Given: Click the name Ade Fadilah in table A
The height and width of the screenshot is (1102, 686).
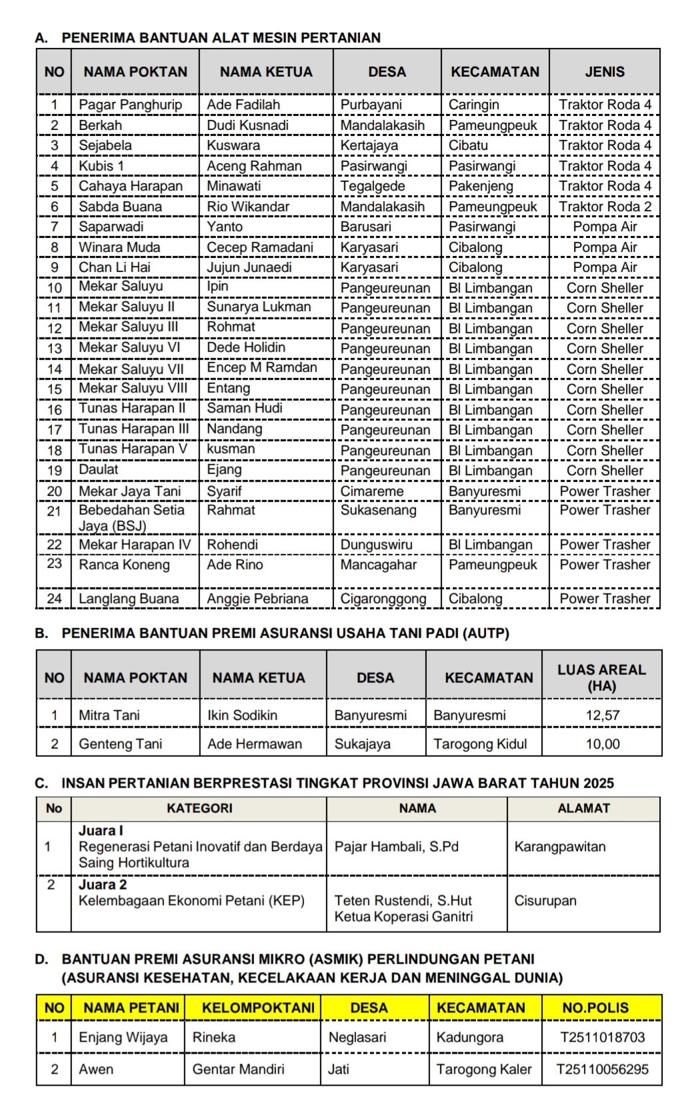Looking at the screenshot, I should [243, 105].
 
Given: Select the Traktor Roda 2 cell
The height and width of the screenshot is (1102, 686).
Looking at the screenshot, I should [605, 207].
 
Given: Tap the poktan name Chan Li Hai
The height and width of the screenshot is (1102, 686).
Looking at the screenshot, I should [115, 267].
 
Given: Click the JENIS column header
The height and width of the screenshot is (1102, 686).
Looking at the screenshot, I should [605, 72].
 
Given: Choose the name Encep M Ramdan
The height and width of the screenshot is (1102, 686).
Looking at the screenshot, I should [262, 367].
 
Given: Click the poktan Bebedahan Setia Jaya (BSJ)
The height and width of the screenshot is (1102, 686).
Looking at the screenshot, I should [131, 518].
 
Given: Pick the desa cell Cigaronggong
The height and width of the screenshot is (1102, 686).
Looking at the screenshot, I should [383, 599].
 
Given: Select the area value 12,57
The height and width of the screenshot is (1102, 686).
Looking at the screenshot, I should [602, 715].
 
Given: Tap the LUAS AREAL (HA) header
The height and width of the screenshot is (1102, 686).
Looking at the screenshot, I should [602, 677].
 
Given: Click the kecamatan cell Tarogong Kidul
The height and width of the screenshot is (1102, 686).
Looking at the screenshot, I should [480, 744].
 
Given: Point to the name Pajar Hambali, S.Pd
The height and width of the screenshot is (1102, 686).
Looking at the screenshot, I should [397, 847].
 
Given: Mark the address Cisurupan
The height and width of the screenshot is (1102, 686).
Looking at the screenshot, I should [545, 901].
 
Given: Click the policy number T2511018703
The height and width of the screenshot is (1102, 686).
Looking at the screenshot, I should [603, 1037].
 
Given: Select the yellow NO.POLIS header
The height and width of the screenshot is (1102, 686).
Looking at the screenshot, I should [595, 1007].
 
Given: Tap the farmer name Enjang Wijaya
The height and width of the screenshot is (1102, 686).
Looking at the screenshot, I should [123, 1037].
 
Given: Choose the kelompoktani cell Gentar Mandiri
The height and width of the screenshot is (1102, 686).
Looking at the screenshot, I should [238, 1069].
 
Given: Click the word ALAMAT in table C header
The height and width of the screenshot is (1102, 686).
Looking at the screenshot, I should [583, 808].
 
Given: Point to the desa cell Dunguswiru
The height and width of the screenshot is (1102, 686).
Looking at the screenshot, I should [376, 545].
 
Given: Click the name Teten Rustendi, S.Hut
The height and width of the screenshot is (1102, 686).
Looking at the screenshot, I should [403, 901].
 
